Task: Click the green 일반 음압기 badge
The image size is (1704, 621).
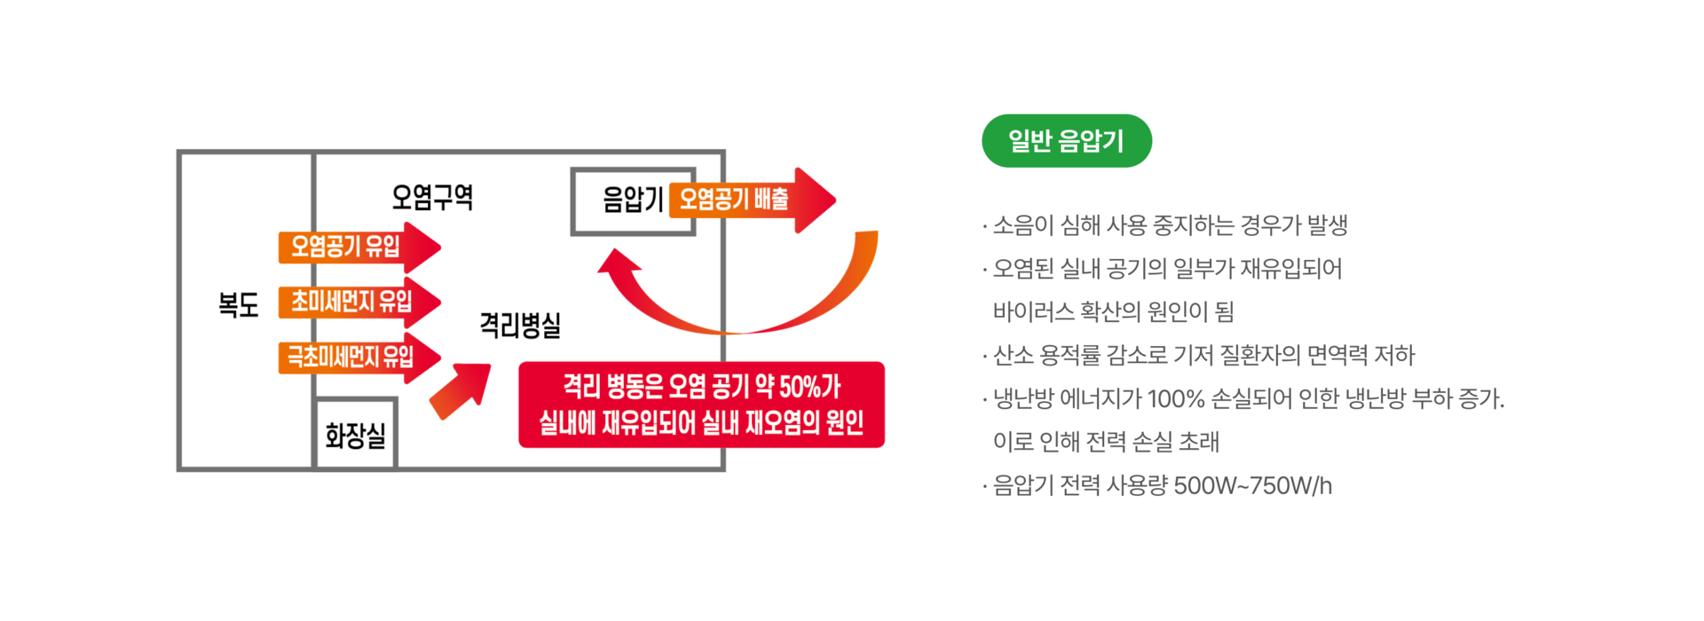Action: (1066, 141)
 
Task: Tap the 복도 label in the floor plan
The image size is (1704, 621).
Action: (238, 304)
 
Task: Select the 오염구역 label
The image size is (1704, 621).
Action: (432, 196)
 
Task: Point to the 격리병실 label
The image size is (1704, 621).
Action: (520, 325)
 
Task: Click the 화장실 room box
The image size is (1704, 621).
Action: (355, 435)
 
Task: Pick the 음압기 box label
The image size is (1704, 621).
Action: (632, 200)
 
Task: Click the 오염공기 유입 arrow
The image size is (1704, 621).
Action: (355, 247)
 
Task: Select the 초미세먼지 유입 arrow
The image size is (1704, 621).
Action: (355, 302)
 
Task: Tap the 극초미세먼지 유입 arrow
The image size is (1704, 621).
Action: (355, 357)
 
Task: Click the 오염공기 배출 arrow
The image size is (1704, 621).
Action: (750, 200)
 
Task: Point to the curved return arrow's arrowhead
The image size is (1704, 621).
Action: (618, 264)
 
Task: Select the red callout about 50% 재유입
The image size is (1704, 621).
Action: (701, 405)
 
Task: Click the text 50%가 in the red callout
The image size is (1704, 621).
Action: (809, 387)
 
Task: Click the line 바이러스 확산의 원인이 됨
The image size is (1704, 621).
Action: (1113, 311)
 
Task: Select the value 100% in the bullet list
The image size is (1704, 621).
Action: (1175, 399)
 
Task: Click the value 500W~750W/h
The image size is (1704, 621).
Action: (1252, 486)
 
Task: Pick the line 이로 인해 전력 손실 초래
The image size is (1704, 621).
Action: (1106, 442)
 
